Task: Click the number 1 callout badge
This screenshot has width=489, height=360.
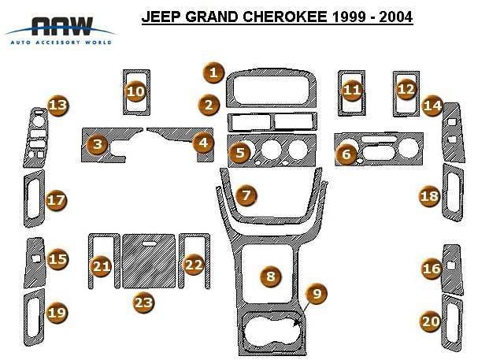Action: (x=213, y=73)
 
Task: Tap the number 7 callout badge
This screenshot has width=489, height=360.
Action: (x=246, y=195)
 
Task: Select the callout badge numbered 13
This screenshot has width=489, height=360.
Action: (x=58, y=106)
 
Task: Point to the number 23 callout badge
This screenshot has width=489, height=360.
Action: (x=143, y=302)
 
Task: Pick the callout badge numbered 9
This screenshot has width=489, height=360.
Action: (x=317, y=294)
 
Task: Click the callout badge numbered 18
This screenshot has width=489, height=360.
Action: (x=429, y=196)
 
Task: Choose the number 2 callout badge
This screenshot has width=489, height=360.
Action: (x=209, y=105)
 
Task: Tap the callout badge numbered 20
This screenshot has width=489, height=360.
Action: (x=431, y=321)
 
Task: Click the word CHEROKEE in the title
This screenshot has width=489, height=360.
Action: (x=284, y=17)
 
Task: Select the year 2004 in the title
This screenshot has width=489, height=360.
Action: (x=396, y=17)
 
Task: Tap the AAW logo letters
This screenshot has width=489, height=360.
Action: (x=62, y=26)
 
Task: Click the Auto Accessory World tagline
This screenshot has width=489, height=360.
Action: (x=61, y=42)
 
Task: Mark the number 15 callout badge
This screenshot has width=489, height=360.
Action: (x=57, y=259)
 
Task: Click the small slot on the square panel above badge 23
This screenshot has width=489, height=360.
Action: (x=150, y=243)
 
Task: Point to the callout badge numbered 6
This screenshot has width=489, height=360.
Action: (x=346, y=154)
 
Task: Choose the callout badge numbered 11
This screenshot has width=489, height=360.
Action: (x=352, y=91)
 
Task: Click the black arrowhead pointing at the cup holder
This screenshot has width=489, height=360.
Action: (x=297, y=323)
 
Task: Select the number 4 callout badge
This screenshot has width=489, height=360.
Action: (x=203, y=143)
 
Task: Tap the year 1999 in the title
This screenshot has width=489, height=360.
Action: (x=348, y=17)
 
